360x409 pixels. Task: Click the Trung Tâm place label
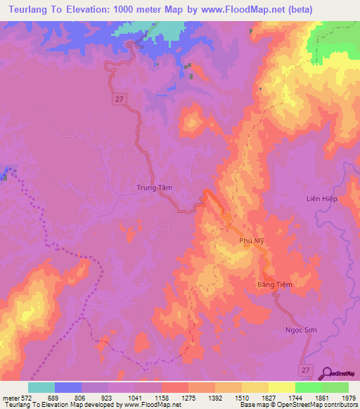[x=153, y=188]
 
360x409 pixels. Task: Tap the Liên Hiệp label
[x=322, y=199]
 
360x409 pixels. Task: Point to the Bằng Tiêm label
[x=273, y=284]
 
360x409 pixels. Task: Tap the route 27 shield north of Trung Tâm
[x=120, y=100]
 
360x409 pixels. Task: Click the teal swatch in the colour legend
[x=41, y=387]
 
